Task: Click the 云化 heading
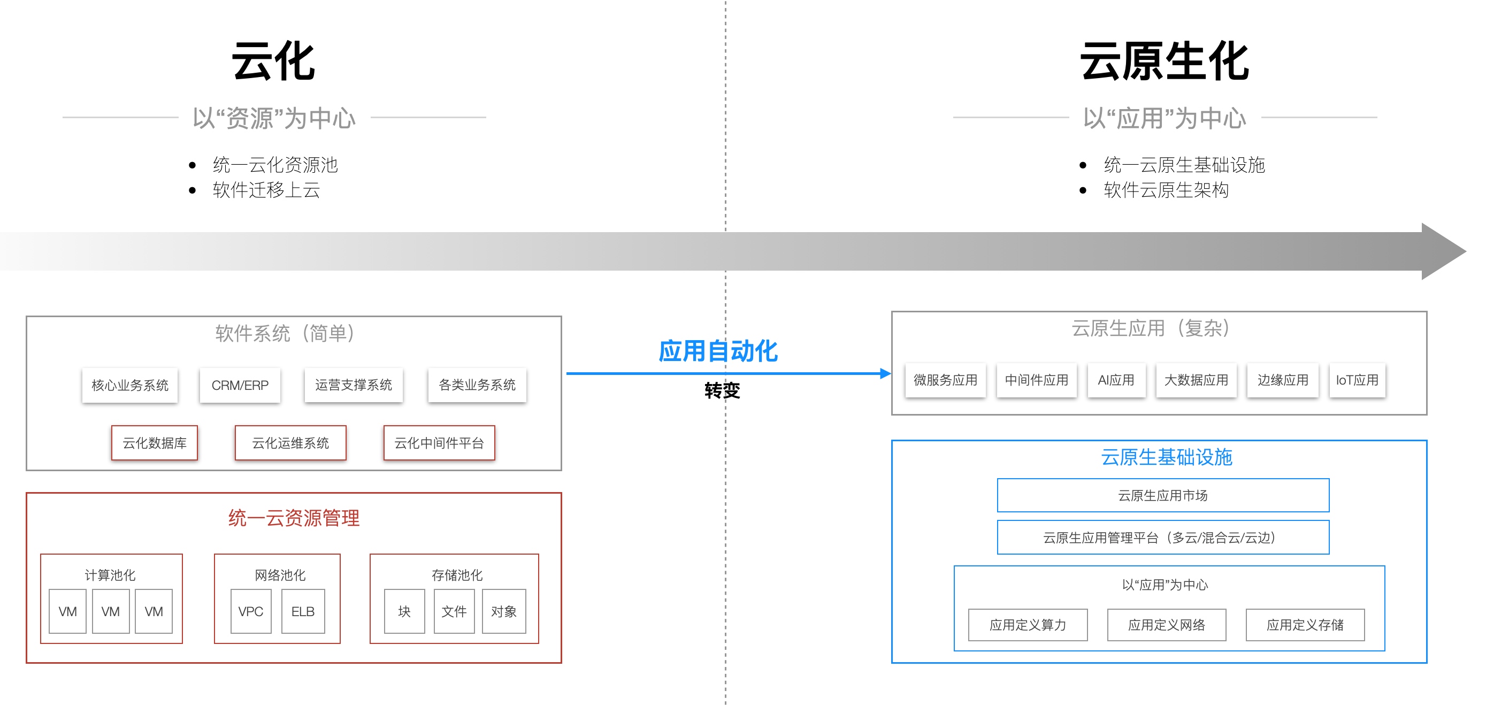pos(273,61)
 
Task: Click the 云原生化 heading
pos(1164,61)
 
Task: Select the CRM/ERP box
pos(240,385)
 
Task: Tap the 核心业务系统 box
pos(130,385)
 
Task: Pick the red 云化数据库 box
pos(154,443)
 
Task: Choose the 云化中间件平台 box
pos(439,443)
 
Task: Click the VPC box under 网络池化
pos(250,611)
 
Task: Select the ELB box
pos(303,611)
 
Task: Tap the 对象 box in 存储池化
pos(503,611)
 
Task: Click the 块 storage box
pos(404,611)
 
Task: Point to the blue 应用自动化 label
pos(718,351)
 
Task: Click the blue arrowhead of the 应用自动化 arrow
pos(885,373)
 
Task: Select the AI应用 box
pos(1116,380)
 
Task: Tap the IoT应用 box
pos(1357,380)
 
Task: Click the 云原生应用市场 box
pos(1163,495)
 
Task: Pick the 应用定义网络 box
pos(1167,625)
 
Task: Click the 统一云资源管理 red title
pos(294,517)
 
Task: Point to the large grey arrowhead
pos(1442,251)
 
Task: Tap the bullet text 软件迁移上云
pos(266,190)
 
